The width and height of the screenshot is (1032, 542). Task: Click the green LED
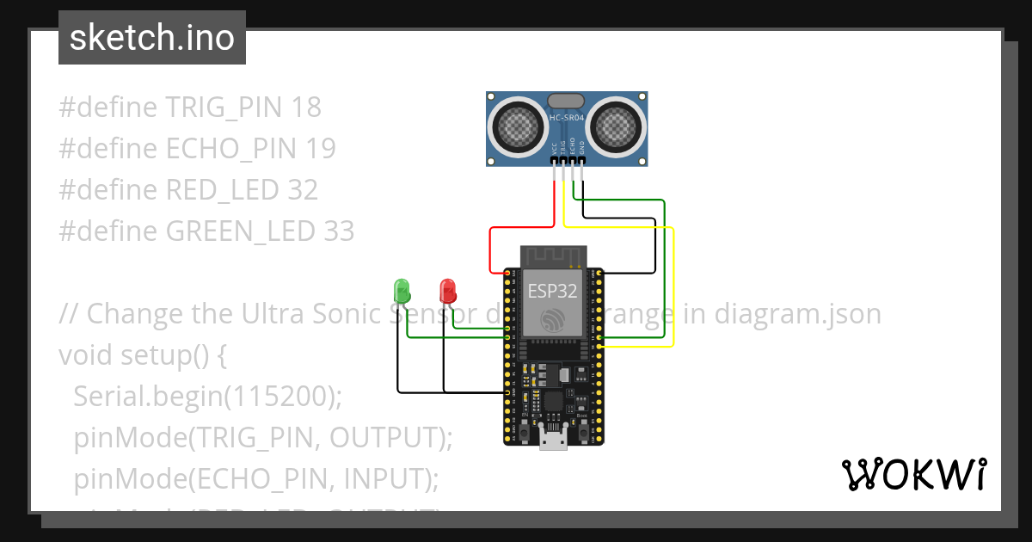point(401,290)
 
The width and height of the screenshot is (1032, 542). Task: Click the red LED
point(447,291)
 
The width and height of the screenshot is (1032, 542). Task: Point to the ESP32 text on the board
point(552,291)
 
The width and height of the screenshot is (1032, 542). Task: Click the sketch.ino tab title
point(152,38)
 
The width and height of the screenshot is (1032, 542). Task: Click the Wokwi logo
point(913,475)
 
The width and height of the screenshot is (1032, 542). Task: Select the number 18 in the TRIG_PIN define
point(306,108)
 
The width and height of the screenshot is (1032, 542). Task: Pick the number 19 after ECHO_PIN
point(321,149)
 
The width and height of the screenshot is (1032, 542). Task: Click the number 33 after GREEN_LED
point(339,231)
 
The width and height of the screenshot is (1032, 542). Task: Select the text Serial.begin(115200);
point(208,396)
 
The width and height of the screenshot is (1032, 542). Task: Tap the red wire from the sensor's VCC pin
point(491,245)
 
